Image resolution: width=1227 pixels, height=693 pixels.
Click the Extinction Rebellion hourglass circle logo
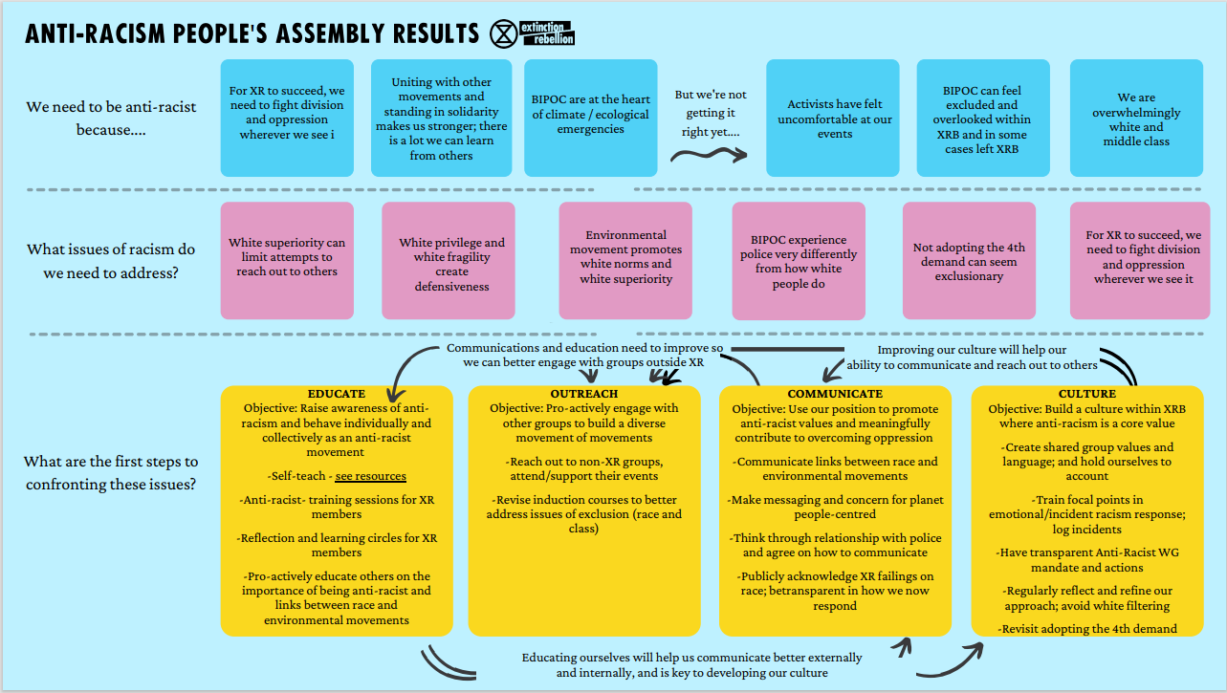point(503,33)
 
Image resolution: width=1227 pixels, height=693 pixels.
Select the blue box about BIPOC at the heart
point(590,118)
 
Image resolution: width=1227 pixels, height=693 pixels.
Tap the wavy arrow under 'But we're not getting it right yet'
point(709,155)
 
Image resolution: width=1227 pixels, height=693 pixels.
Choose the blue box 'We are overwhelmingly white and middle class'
point(1136,118)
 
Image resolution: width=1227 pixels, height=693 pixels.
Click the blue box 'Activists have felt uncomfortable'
point(833,118)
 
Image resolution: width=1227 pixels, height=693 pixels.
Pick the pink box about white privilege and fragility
point(449,261)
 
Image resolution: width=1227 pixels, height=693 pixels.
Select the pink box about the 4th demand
point(969,261)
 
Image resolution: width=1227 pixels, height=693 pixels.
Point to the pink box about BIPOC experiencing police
point(799,261)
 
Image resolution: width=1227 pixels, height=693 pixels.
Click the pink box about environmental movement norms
point(625,261)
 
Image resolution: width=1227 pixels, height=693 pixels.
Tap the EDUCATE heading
point(337,394)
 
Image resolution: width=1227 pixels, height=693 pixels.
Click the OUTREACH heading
point(584,394)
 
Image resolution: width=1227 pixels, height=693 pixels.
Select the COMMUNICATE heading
point(835,394)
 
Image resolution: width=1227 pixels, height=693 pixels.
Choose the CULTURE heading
point(1086,394)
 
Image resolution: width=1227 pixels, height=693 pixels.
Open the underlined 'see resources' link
point(371,476)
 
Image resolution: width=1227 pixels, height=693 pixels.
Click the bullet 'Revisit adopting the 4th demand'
point(1086,629)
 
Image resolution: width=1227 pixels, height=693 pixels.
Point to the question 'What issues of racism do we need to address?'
point(111,261)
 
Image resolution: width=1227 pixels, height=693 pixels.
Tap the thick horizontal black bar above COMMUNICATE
point(788,349)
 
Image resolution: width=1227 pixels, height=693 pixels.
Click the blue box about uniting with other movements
point(442,118)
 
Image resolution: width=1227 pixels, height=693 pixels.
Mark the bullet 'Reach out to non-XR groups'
point(584,469)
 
